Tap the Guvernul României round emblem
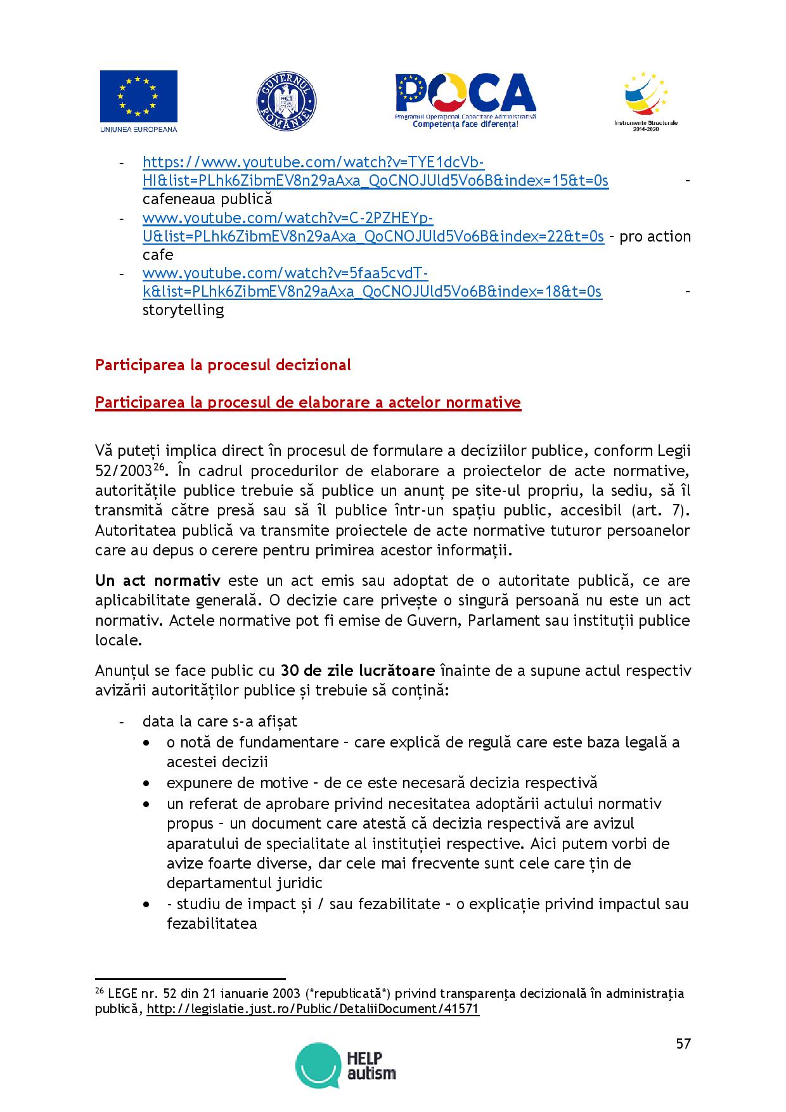tap(286, 101)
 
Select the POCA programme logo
tap(465, 101)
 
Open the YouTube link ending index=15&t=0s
tap(375, 181)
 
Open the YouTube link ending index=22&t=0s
tap(373, 236)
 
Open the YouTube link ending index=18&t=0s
tap(372, 292)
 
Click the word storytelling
tap(183, 310)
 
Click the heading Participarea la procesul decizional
tap(222, 365)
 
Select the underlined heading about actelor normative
tap(307, 403)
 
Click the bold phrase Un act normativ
tap(158, 581)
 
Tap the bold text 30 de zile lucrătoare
tap(358, 671)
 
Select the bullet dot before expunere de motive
tap(147, 784)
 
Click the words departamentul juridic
tap(244, 883)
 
